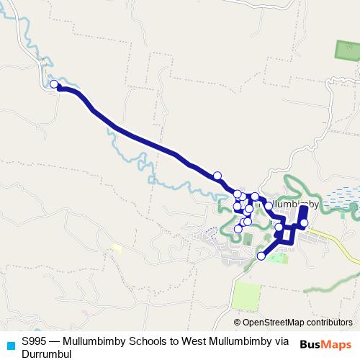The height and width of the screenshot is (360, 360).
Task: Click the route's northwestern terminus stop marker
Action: [x=54, y=85]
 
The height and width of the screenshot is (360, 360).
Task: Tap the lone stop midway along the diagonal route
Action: [x=217, y=175]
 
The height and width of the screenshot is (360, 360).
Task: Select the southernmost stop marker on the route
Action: [x=261, y=256]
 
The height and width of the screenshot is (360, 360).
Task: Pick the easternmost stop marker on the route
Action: [x=304, y=222]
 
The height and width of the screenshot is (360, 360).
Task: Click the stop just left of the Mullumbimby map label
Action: [x=255, y=197]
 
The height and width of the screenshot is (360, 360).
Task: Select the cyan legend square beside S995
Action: [x=10, y=343]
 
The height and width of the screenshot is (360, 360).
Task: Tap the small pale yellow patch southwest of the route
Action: [x=117, y=248]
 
